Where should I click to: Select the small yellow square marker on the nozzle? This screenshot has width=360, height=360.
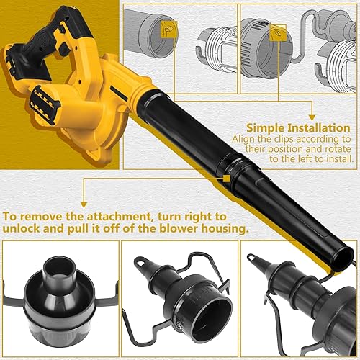(x=227, y=177)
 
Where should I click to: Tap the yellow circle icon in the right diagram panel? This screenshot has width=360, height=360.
(x=277, y=33)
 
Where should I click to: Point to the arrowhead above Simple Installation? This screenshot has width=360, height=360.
(x=311, y=116)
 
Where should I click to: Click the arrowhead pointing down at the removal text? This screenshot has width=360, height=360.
(x=83, y=204)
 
